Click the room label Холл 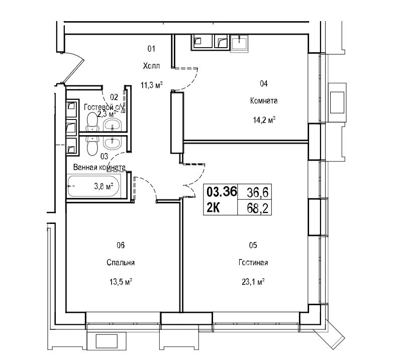(151, 66)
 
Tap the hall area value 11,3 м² (152, 84)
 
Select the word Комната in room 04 (264, 100)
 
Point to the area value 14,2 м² (264, 119)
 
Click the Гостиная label (253, 263)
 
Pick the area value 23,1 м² (253, 282)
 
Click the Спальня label (121, 263)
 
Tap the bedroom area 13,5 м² (121, 282)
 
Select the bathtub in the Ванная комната (93, 186)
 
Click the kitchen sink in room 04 (240, 43)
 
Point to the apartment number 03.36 (222, 192)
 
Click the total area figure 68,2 (258, 209)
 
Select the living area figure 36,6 (258, 192)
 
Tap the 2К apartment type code (214, 208)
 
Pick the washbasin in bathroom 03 (112, 142)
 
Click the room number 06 (121, 245)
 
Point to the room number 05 (253, 245)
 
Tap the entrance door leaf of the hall (73, 70)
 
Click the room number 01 (151, 49)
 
